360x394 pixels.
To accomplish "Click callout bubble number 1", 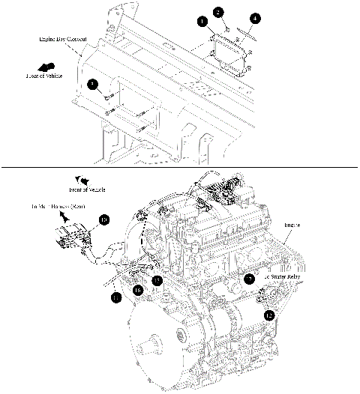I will pyautogui.click(x=202, y=22).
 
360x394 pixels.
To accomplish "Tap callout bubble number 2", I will pyautogui.click(x=217, y=12).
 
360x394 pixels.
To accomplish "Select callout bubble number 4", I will pyautogui.click(x=256, y=17).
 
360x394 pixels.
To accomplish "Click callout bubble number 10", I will pyautogui.click(x=104, y=219).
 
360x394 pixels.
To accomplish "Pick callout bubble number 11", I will pyautogui.click(x=115, y=298).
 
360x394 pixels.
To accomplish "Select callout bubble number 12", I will pyautogui.click(x=268, y=315).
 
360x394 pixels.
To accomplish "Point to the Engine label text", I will pyautogui.click(x=292, y=224).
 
